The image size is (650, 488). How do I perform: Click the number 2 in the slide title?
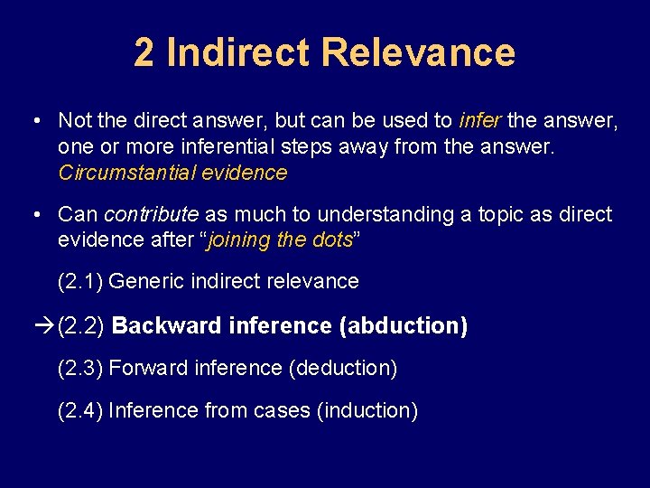pyautogui.click(x=144, y=52)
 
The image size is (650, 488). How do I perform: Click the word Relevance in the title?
pyautogui.click(x=417, y=52)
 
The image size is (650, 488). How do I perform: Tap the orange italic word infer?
pyautogui.click(x=480, y=120)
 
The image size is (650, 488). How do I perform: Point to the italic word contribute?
pyautogui.click(x=151, y=214)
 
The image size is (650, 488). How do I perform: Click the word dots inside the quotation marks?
pyautogui.click(x=331, y=239)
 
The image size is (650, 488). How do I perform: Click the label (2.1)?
pyautogui.click(x=81, y=281)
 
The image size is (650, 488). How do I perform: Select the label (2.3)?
pyautogui.click(x=81, y=368)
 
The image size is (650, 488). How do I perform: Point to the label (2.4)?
pyautogui.click(x=81, y=410)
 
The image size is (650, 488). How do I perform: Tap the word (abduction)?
pyautogui.click(x=403, y=325)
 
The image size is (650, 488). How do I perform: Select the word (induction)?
pyautogui.click(x=367, y=410)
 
